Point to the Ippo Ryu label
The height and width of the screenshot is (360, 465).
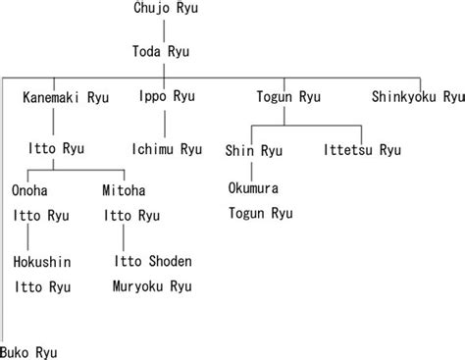[165, 97]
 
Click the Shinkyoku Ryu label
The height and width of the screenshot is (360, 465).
[416, 97]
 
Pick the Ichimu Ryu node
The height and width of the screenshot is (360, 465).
[166, 149]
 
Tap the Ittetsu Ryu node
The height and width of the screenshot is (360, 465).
[362, 149]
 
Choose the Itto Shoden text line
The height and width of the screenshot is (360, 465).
[152, 262]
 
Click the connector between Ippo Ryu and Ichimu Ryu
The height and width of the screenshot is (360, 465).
[165, 123]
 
